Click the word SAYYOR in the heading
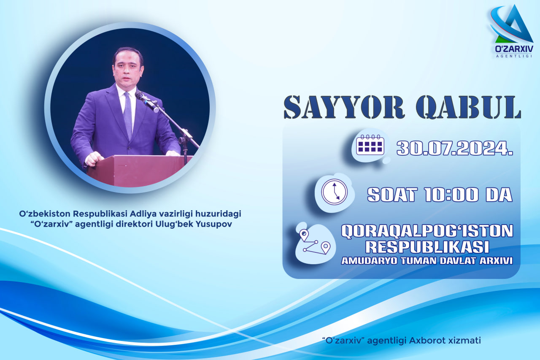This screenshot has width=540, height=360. tap(344, 107)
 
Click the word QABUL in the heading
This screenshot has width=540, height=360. tap(468, 107)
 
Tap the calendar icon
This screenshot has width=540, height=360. tap(370, 145)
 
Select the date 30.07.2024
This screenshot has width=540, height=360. tap(455, 148)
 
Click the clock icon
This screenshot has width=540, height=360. tap(335, 192)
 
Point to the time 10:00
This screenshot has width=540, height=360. tap(451, 195)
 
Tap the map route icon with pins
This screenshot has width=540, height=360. tap(315, 242)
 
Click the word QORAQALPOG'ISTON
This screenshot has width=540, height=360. tap(427, 231)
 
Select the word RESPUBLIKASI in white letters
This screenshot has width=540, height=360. tap(427, 246)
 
